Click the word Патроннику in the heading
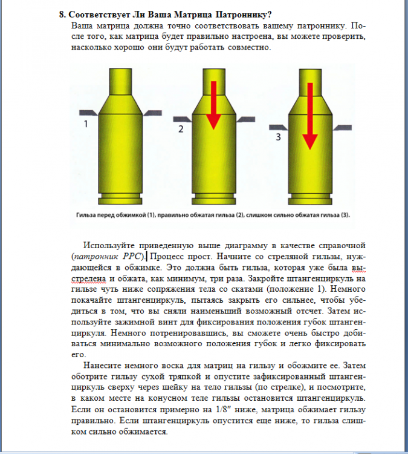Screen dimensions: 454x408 tap(239, 14)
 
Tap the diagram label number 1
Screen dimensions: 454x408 tap(86, 124)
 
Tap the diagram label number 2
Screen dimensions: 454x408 tap(181, 129)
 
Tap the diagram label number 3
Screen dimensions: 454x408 tap(278, 137)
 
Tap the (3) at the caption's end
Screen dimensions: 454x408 tap(345, 215)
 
